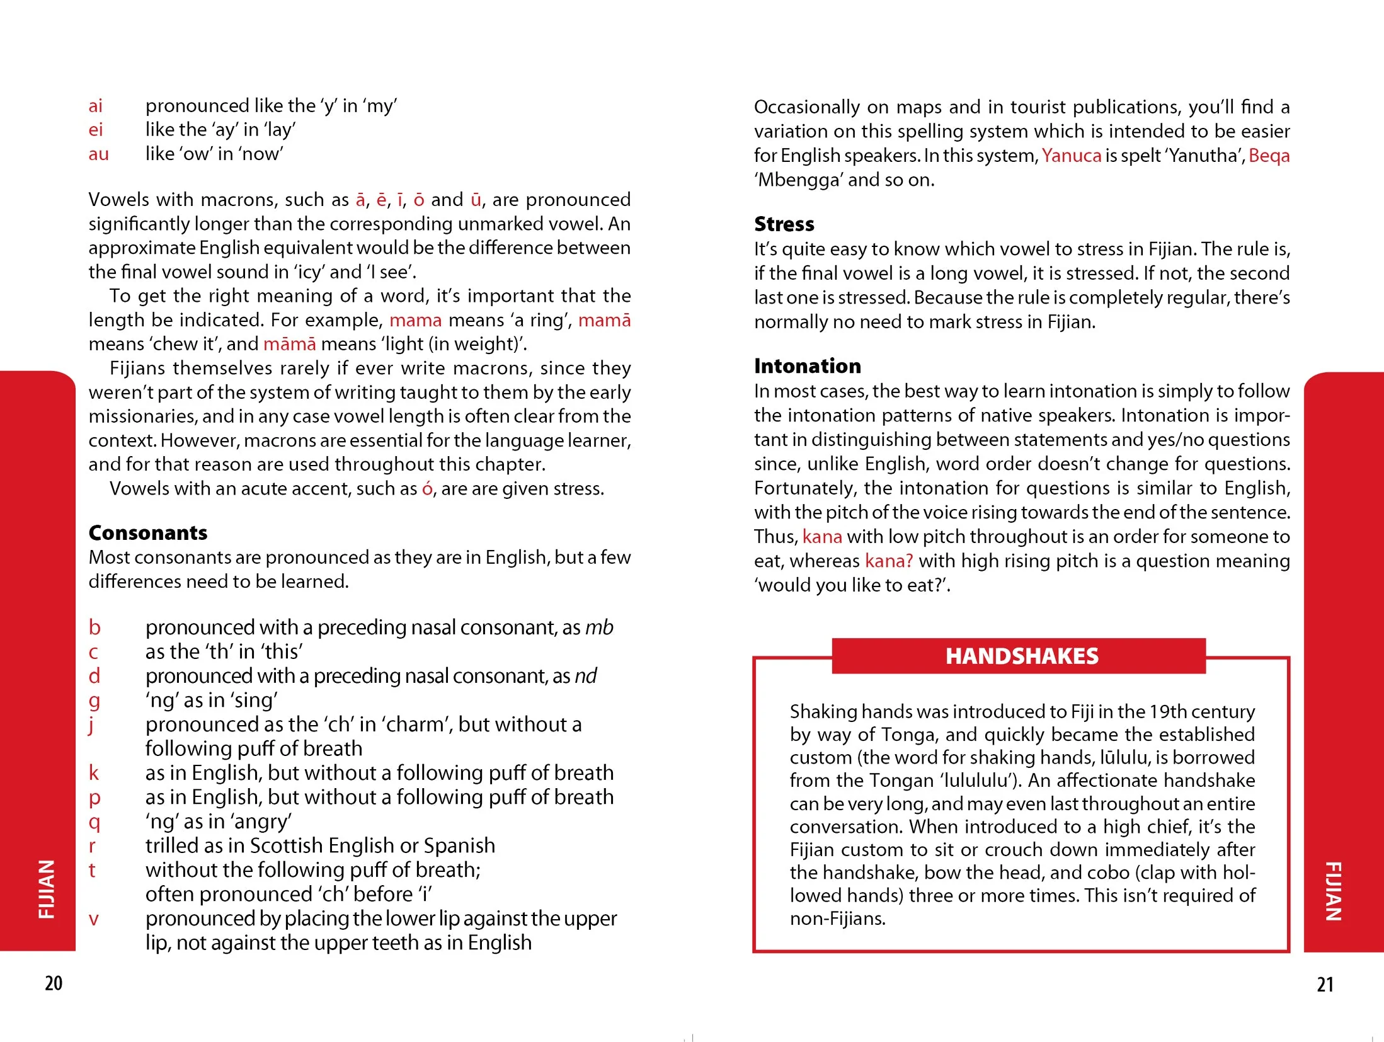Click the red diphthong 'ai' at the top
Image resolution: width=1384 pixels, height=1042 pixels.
tap(95, 106)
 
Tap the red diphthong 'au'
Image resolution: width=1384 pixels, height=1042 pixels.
tap(98, 154)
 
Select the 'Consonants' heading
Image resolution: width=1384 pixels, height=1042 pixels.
tap(148, 533)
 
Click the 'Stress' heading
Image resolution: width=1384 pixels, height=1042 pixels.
tap(784, 224)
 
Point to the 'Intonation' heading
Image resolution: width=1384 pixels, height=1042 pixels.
tap(807, 366)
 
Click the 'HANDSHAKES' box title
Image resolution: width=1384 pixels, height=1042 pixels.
tap(1021, 656)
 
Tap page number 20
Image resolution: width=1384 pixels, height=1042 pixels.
tap(54, 983)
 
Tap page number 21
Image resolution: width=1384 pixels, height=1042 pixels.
tap(1325, 984)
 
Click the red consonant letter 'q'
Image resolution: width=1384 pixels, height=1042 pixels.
tap(94, 822)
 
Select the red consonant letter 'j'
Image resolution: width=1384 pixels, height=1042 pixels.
tap(91, 725)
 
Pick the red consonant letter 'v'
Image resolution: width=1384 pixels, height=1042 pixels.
tap(94, 919)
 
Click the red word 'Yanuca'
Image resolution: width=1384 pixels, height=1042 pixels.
tap(1071, 156)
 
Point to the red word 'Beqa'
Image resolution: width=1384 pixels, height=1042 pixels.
tap(1269, 156)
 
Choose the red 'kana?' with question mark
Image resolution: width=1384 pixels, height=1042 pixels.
tap(888, 561)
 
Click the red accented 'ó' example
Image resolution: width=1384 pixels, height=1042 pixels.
tap(427, 489)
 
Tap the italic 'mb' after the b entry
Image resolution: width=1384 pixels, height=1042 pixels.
tap(599, 627)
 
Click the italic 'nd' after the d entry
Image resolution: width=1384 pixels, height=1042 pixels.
tap(585, 676)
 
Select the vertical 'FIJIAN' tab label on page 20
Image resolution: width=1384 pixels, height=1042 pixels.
tap(47, 888)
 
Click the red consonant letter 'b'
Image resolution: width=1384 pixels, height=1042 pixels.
tap(94, 627)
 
